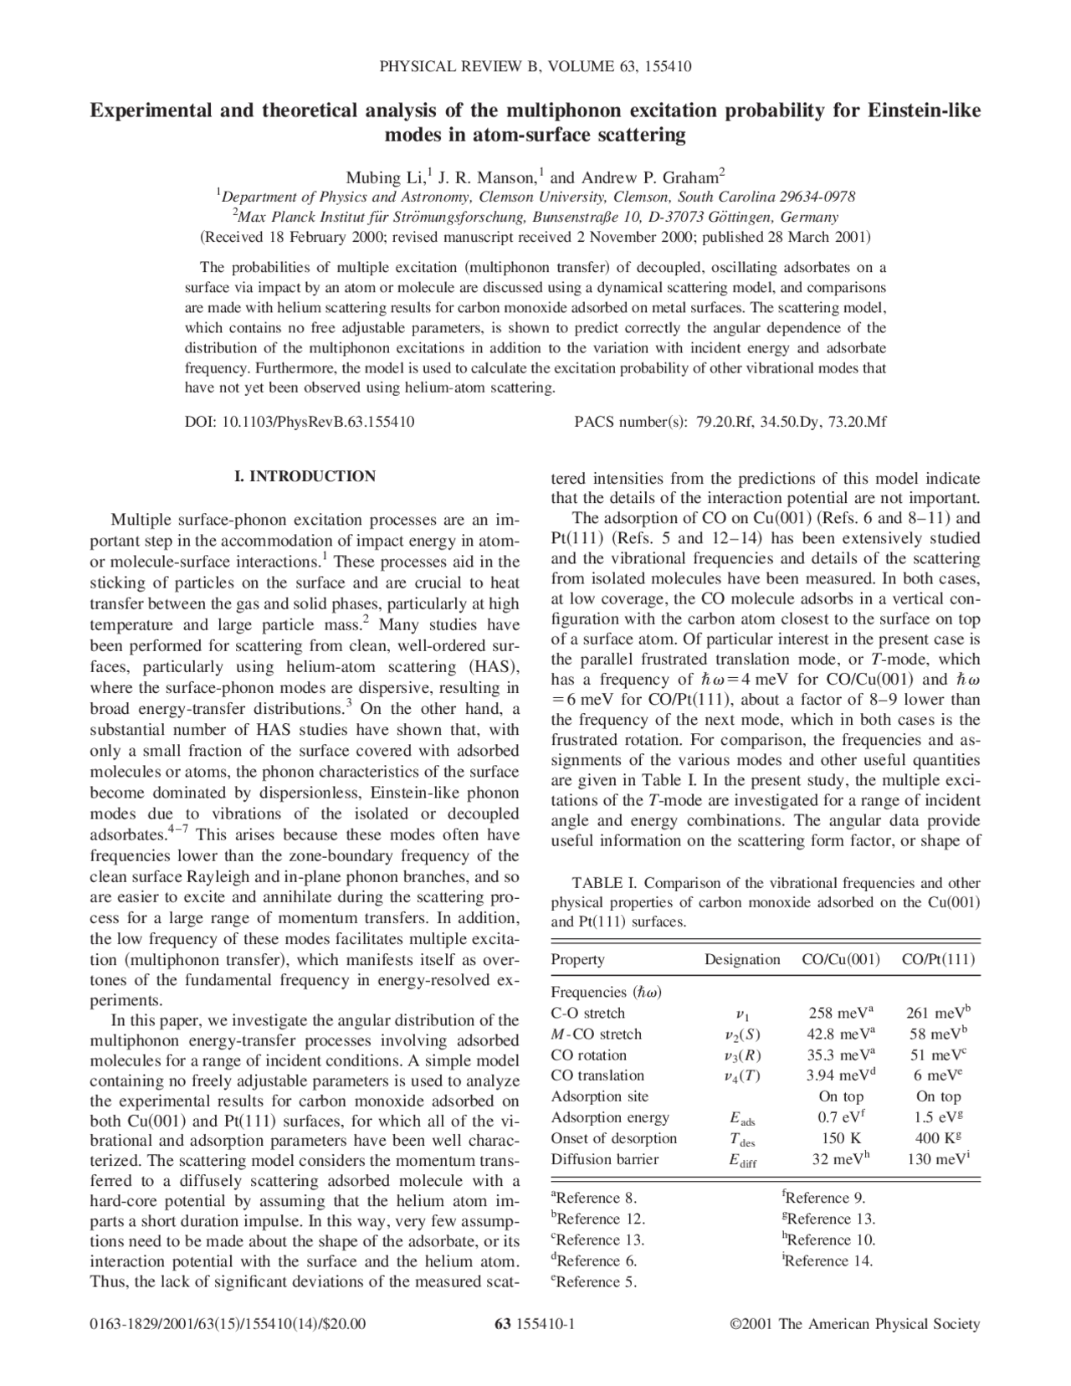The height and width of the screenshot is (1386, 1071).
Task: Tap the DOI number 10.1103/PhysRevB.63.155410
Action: pos(317,422)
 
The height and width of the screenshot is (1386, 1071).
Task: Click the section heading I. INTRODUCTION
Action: pos(305,476)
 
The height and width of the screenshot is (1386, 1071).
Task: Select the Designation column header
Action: pos(741,959)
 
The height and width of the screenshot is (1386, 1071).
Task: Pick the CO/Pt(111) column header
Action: pos(937,959)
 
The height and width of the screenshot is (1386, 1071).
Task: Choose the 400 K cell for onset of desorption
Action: pos(937,1138)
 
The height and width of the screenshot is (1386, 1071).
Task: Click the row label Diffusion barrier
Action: pos(604,1159)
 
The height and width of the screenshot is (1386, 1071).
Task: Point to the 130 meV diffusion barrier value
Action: pos(937,1159)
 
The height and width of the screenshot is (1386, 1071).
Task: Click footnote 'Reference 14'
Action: pos(828,1261)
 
